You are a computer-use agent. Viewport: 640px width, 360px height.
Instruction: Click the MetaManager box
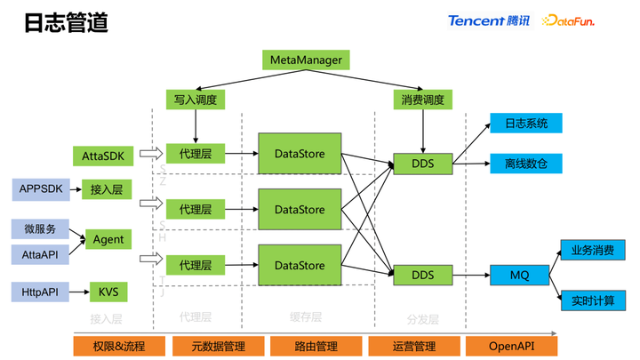click(306, 60)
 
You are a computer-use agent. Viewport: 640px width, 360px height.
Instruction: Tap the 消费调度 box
click(422, 99)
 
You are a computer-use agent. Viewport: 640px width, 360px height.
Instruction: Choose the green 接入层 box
click(107, 188)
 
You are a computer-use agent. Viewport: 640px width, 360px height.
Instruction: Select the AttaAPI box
click(40, 254)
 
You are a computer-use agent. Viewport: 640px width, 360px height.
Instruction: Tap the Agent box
click(108, 239)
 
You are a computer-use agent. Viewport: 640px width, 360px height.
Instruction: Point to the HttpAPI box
click(40, 292)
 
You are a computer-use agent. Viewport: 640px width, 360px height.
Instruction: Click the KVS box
click(108, 292)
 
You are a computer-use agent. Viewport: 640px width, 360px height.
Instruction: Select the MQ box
click(519, 275)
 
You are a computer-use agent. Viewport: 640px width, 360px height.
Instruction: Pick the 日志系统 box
click(526, 124)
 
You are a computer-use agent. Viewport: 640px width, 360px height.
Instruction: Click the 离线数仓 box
click(526, 164)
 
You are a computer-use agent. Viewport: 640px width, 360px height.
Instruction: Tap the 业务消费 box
click(592, 250)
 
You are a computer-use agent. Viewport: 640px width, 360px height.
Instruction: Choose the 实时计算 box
click(592, 300)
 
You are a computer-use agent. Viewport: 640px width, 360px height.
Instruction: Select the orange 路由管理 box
click(315, 346)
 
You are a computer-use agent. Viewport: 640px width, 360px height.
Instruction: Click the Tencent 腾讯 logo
click(489, 20)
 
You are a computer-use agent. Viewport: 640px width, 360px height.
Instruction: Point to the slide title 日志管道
click(66, 23)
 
